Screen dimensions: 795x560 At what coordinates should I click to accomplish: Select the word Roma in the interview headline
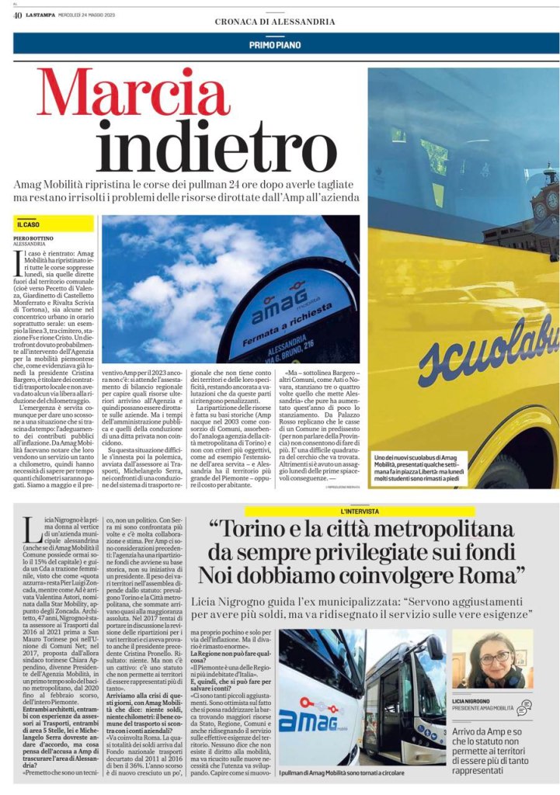(x=483, y=575)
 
